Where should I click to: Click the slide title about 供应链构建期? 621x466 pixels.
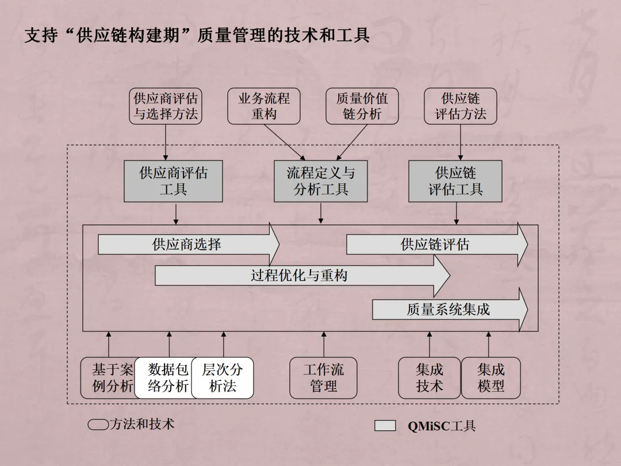point(197,36)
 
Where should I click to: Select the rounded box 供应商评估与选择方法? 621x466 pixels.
point(166,106)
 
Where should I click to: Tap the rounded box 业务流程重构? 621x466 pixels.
point(264,106)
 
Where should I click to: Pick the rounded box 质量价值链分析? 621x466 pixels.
point(362,106)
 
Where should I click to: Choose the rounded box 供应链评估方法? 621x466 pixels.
point(460,106)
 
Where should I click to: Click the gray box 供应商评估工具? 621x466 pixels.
point(173,181)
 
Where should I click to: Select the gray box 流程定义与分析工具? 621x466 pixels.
point(320,181)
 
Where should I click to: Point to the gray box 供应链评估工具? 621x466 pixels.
point(455,181)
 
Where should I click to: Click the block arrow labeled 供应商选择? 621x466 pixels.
point(187,245)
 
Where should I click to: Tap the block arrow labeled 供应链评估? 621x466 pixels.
point(435,245)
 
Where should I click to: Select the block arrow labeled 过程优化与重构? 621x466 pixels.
point(299,276)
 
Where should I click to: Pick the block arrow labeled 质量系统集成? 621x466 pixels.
point(448,310)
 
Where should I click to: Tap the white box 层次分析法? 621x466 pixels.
point(223,378)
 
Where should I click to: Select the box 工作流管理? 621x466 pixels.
point(323,378)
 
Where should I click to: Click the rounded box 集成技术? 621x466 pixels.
point(429,378)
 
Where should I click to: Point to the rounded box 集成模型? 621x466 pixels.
point(490,378)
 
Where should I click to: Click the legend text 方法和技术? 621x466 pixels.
point(141,425)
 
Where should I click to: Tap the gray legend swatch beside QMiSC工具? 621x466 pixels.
point(385,426)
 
